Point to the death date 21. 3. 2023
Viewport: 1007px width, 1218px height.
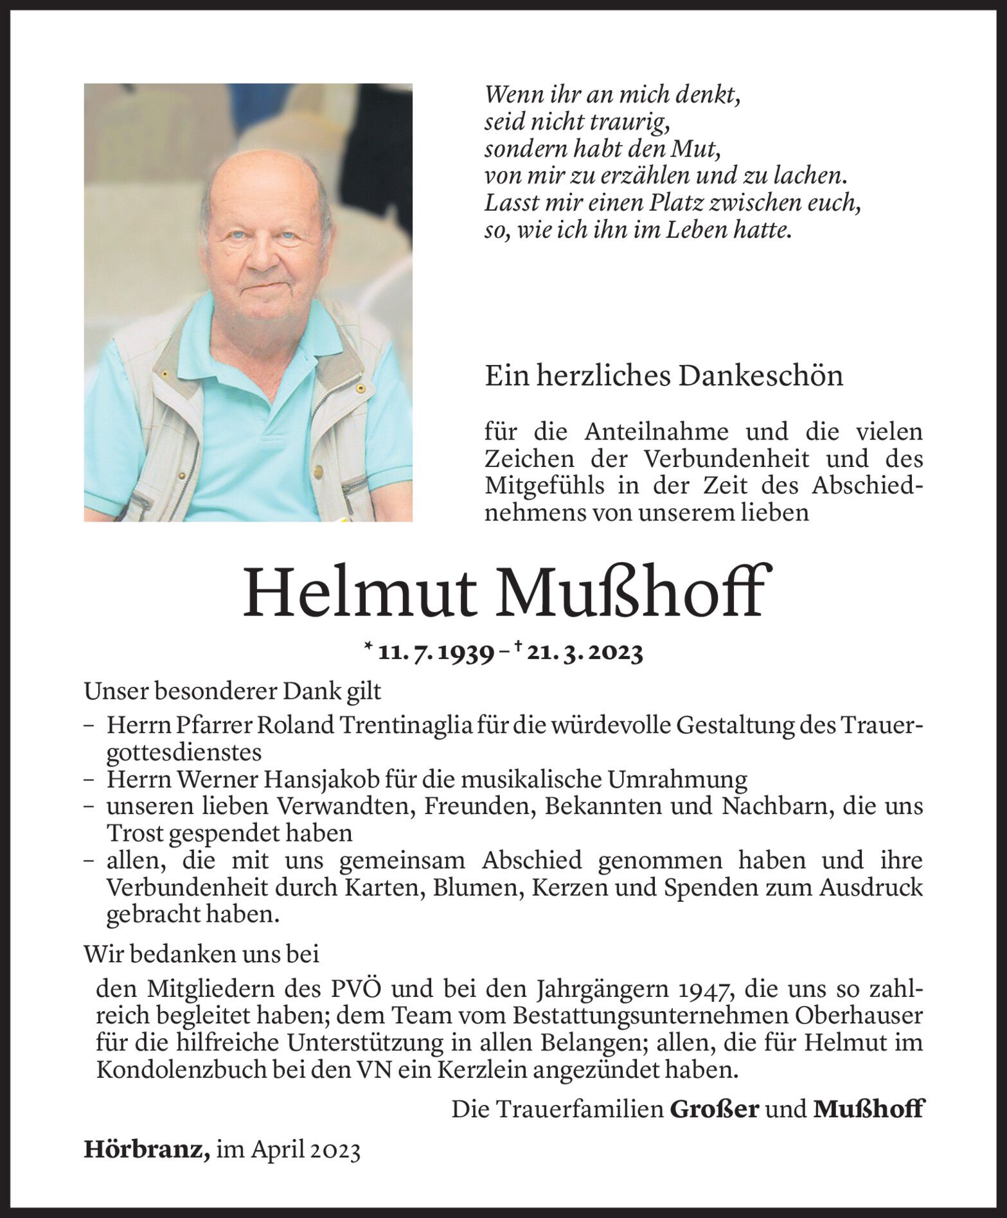[585, 653]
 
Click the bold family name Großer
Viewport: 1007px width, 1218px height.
[715, 1109]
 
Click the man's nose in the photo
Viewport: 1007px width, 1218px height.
[262, 256]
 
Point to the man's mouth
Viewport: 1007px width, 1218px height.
[266, 287]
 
